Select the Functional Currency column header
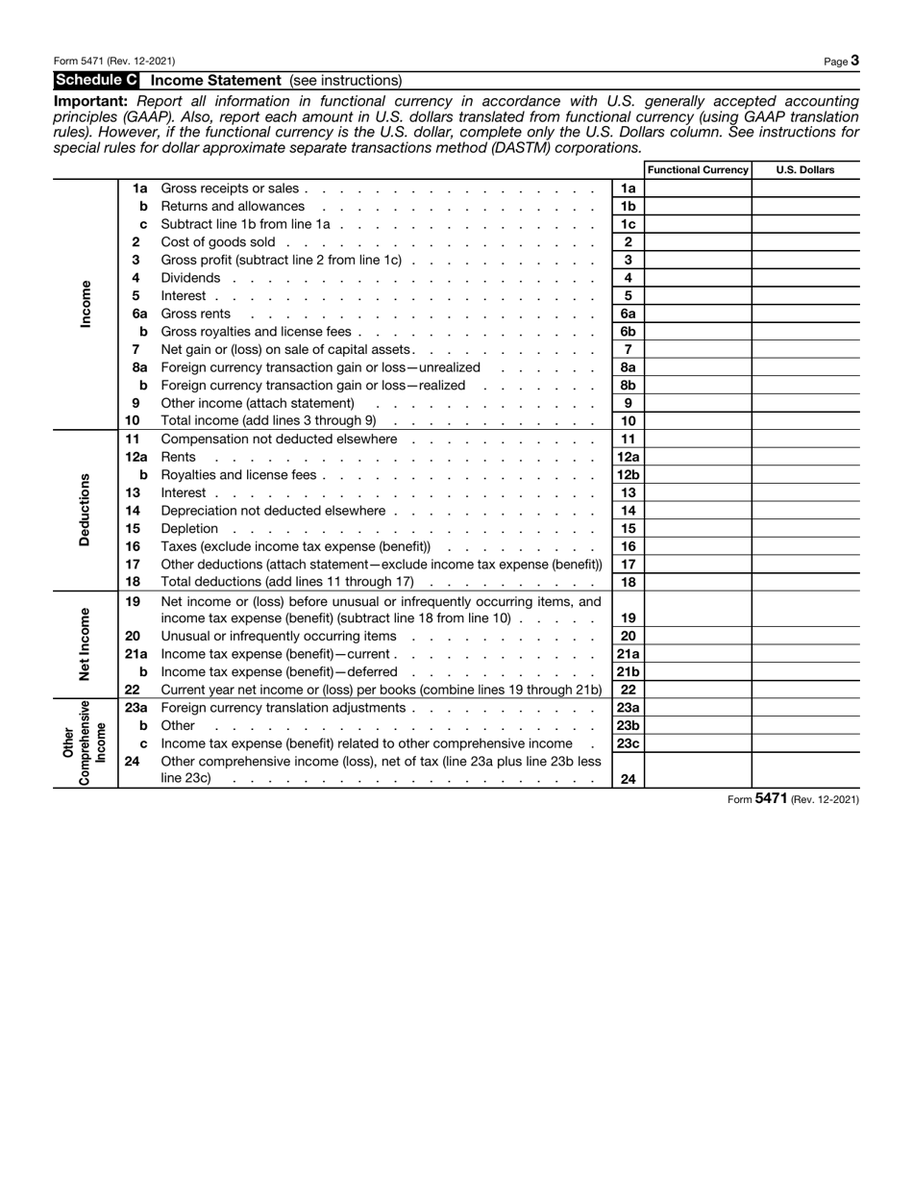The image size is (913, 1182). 698,170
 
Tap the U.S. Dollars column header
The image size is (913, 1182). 804,170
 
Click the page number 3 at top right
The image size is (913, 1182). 854,61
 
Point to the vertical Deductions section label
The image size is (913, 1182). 85,510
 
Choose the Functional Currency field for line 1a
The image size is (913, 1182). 698,189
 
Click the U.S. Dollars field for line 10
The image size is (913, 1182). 805,421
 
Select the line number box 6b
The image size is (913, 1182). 628,332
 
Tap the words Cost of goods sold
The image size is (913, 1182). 218,242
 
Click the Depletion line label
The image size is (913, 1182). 189,529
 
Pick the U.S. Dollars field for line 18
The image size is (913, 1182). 805,582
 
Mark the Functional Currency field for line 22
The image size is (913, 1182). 698,690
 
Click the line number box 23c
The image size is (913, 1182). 628,743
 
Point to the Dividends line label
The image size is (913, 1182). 190,278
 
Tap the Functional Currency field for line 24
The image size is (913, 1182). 698,771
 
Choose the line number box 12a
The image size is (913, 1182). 628,457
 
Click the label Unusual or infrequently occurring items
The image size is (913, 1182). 279,636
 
